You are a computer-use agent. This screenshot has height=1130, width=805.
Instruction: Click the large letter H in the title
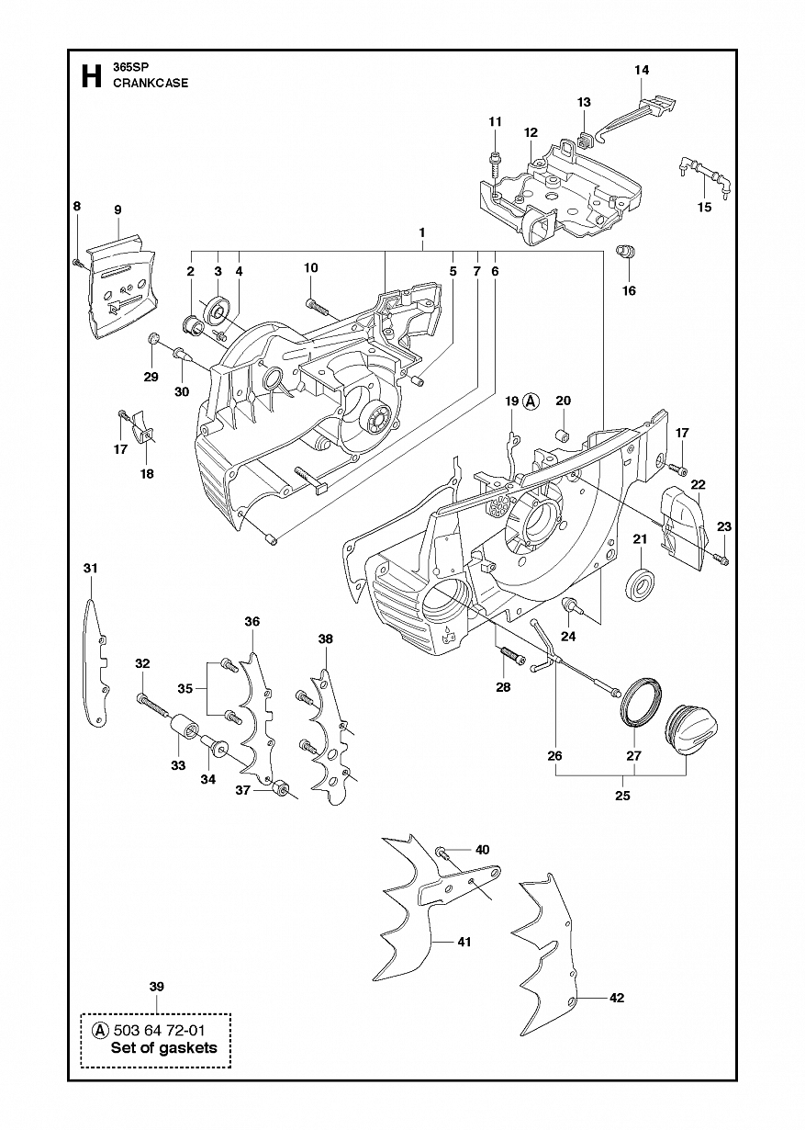click(91, 75)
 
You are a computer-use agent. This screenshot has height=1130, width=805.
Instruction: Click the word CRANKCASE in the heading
click(151, 84)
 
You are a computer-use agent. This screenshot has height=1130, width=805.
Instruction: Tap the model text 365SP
click(128, 68)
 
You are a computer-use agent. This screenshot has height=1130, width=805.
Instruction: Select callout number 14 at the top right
click(642, 70)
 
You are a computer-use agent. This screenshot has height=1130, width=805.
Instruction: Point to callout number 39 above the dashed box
click(157, 987)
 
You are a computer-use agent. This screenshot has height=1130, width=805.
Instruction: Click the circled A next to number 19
click(531, 401)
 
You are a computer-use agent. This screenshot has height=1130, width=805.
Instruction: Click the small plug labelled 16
click(626, 251)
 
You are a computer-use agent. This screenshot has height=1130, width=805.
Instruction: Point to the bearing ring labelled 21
click(642, 585)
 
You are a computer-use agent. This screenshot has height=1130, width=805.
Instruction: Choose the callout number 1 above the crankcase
click(422, 232)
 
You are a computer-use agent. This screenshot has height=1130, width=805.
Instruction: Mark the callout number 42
click(617, 998)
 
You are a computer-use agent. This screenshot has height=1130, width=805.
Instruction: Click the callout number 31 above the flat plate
click(90, 569)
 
